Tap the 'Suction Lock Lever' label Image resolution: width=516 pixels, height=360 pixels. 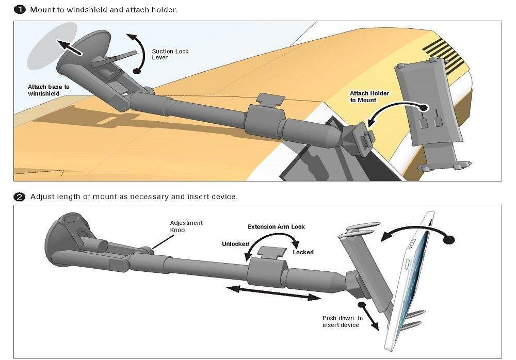coord(170,54)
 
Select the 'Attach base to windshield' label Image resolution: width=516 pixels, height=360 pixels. coord(49,90)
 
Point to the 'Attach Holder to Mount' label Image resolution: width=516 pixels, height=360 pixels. coord(369,96)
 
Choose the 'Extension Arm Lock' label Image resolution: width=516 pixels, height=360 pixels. coord(276,226)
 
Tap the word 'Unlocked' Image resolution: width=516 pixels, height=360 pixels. coord(235,244)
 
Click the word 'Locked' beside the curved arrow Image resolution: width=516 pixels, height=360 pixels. coord(303,252)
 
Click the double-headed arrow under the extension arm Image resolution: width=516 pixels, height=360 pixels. coord(273,293)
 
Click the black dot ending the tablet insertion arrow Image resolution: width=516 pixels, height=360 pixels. coord(449,239)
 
